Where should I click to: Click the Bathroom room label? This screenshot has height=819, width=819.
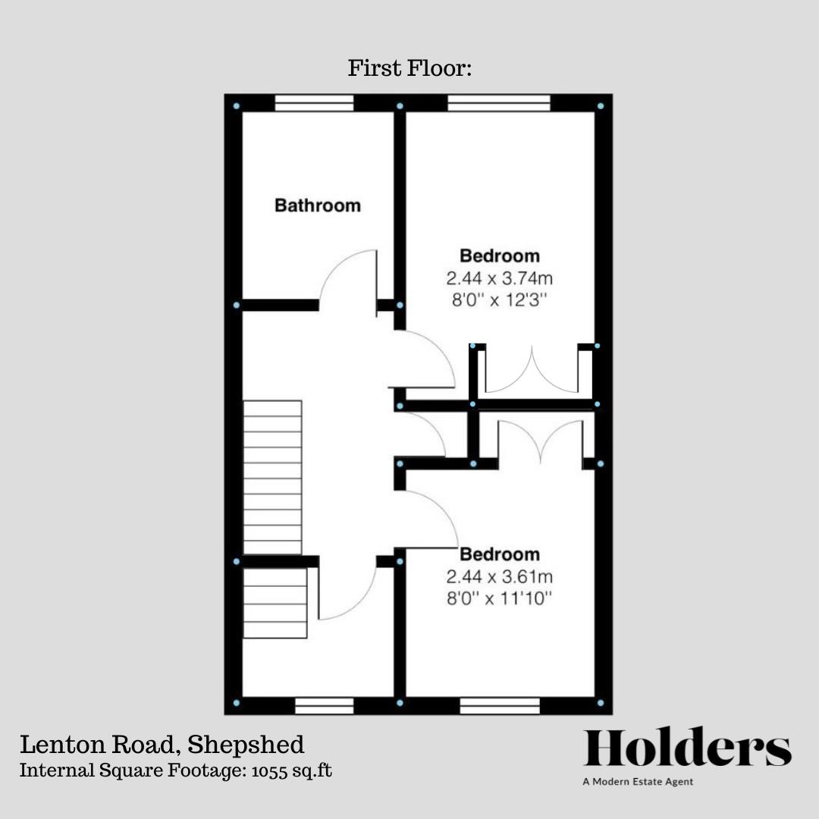click(317, 206)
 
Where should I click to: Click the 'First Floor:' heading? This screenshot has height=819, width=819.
click(409, 69)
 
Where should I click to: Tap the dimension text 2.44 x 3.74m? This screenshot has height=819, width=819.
click(500, 278)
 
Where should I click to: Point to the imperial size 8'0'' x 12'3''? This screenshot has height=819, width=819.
click(500, 300)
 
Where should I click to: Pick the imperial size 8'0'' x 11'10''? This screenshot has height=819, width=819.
click(500, 599)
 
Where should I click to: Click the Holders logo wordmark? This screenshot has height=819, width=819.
click(687, 749)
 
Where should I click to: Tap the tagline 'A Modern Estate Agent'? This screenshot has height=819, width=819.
click(638, 782)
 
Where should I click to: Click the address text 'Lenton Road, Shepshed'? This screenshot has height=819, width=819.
click(162, 745)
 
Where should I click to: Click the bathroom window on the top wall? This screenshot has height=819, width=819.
click(315, 103)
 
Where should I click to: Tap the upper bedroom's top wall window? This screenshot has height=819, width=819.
click(498, 103)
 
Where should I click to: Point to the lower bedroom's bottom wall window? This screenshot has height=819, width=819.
click(500, 706)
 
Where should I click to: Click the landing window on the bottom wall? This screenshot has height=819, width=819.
click(324, 706)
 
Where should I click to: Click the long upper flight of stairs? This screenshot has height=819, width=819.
click(272, 478)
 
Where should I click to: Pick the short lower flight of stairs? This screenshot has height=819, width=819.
click(275, 604)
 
